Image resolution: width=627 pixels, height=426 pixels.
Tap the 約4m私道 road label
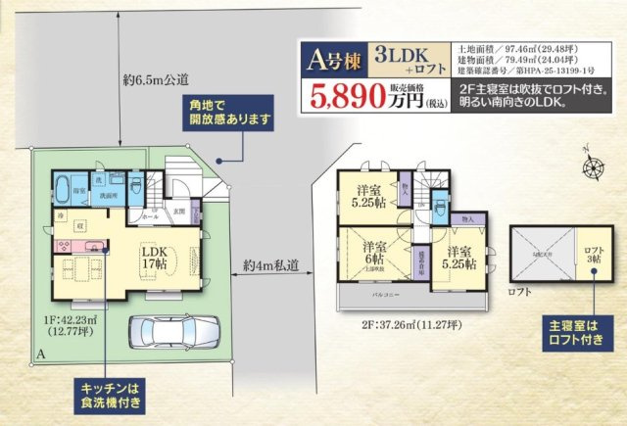(269, 264)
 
